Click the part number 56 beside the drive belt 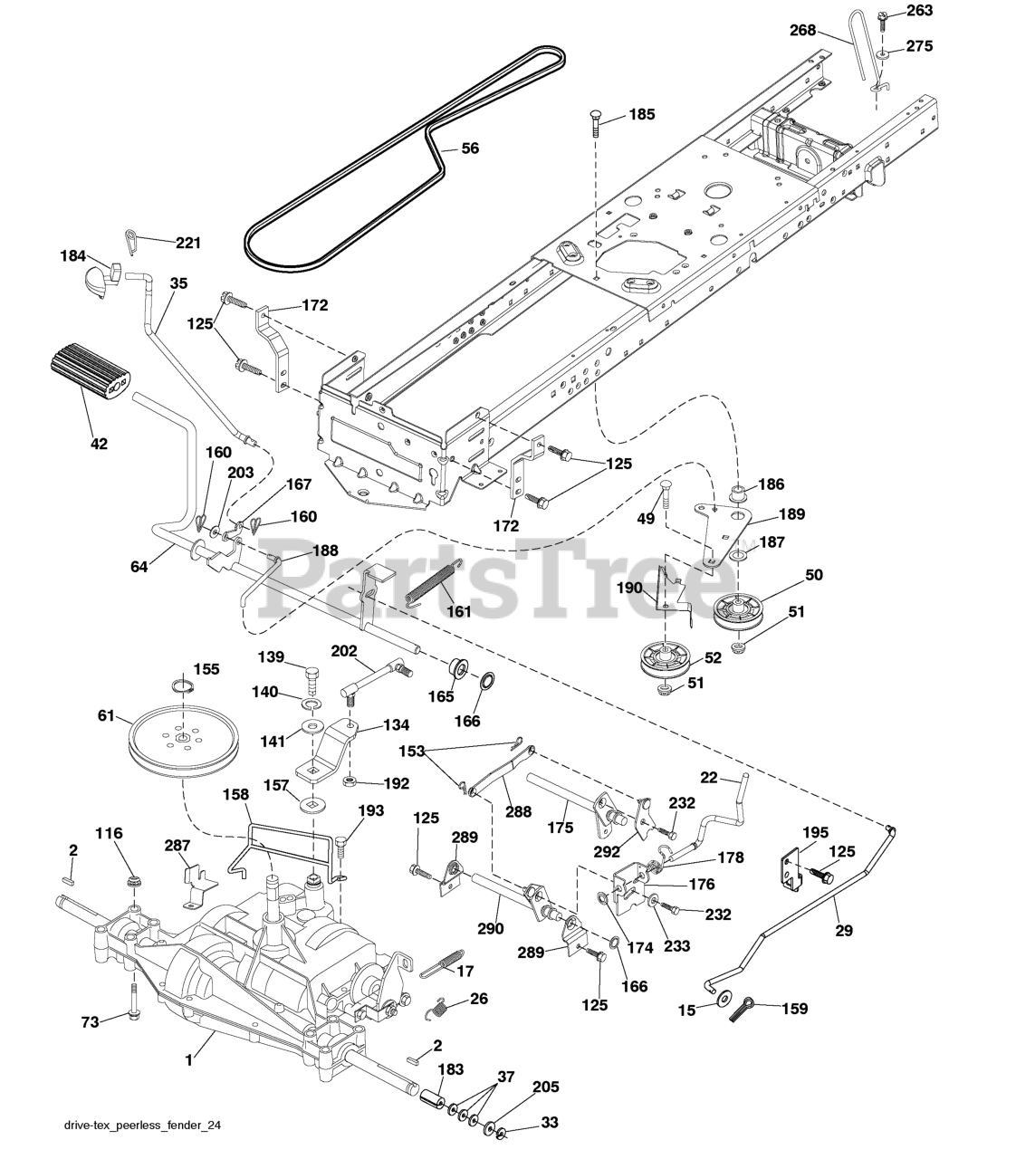pyautogui.click(x=470, y=149)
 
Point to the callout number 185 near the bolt pyautogui.click(x=642, y=115)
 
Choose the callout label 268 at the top pyautogui.click(x=802, y=30)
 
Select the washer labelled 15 pyautogui.click(x=722, y=999)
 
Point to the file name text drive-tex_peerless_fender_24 pyautogui.click(x=143, y=1125)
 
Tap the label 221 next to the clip pyautogui.click(x=188, y=243)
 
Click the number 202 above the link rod pyautogui.click(x=344, y=650)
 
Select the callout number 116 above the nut pyautogui.click(x=110, y=833)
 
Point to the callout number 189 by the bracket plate pyautogui.click(x=791, y=514)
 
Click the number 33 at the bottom pyautogui.click(x=551, y=1123)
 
